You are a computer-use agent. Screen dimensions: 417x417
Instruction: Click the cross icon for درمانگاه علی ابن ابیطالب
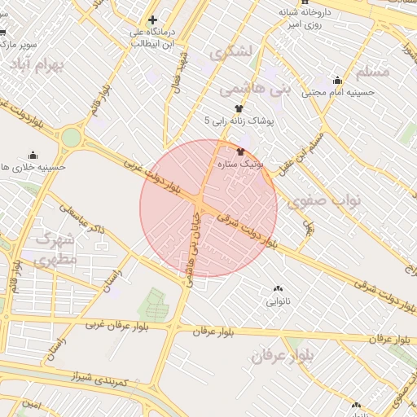pos(151,20)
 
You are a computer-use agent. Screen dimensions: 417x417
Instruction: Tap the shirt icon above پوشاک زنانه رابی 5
pos(239,108)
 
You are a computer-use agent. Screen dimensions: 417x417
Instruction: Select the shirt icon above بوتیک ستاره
pos(240,151)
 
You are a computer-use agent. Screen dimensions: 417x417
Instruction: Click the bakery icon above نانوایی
pos(279,289)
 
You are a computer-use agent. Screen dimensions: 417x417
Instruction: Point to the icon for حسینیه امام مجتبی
pos(337,80)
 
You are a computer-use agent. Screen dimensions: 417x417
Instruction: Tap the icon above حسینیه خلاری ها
pos(33,155)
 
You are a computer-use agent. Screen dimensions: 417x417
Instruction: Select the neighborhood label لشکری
pos(231,51)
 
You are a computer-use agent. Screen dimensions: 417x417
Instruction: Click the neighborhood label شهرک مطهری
pos(54,249)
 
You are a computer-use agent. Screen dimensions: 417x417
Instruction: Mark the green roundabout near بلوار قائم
pos(72,138)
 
